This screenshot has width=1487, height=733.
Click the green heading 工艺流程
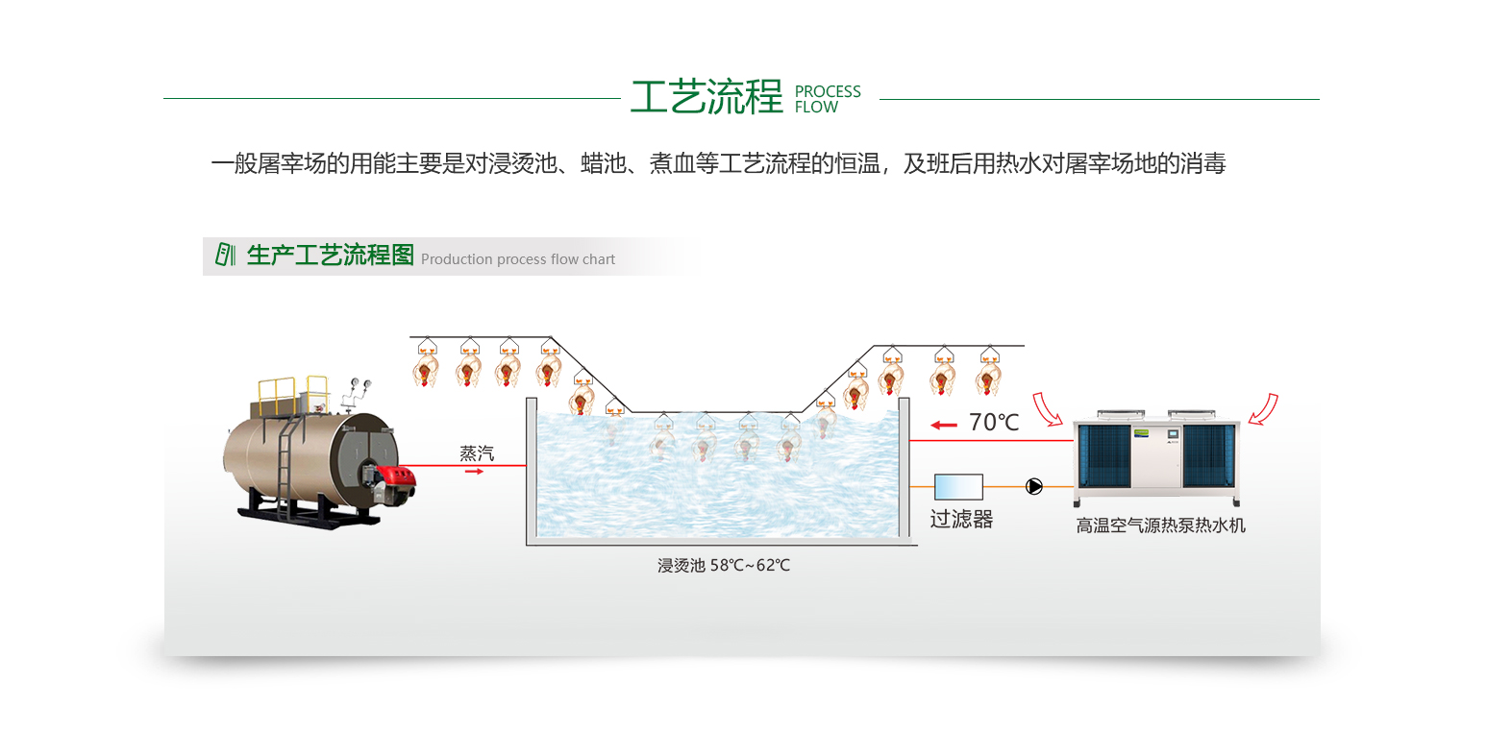[706, 97]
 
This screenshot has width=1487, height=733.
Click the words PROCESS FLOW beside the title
[828, 99]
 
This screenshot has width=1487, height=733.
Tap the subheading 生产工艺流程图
[330, 256]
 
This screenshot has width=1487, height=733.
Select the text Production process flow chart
[517, 259]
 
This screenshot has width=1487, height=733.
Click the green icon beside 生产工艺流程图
[225, 255]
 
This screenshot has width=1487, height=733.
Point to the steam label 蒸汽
[476, 453]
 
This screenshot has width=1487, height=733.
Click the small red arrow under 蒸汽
[474, 472]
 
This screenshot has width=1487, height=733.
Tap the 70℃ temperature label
[993, 422]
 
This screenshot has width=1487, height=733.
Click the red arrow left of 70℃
[944, 424]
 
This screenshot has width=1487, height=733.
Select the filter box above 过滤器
[958, 486]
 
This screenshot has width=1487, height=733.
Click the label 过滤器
[960, 520]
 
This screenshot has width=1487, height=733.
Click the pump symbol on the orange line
[1033, 486]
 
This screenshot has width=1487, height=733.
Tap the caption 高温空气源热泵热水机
[1160, 525]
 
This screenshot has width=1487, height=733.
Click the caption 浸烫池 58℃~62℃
[723, 565]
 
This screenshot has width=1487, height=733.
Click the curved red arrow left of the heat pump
[1048, 407]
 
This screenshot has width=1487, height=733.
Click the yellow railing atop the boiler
[279, 390]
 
